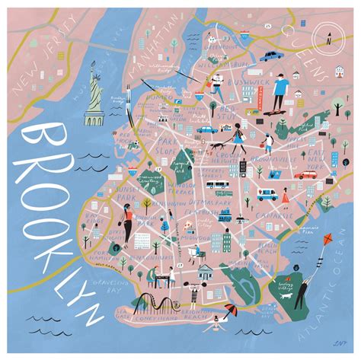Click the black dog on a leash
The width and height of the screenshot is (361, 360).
[216, 145]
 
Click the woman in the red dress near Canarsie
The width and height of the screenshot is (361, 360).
[286, 196]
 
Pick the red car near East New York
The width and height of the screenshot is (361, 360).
[307, 174]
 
